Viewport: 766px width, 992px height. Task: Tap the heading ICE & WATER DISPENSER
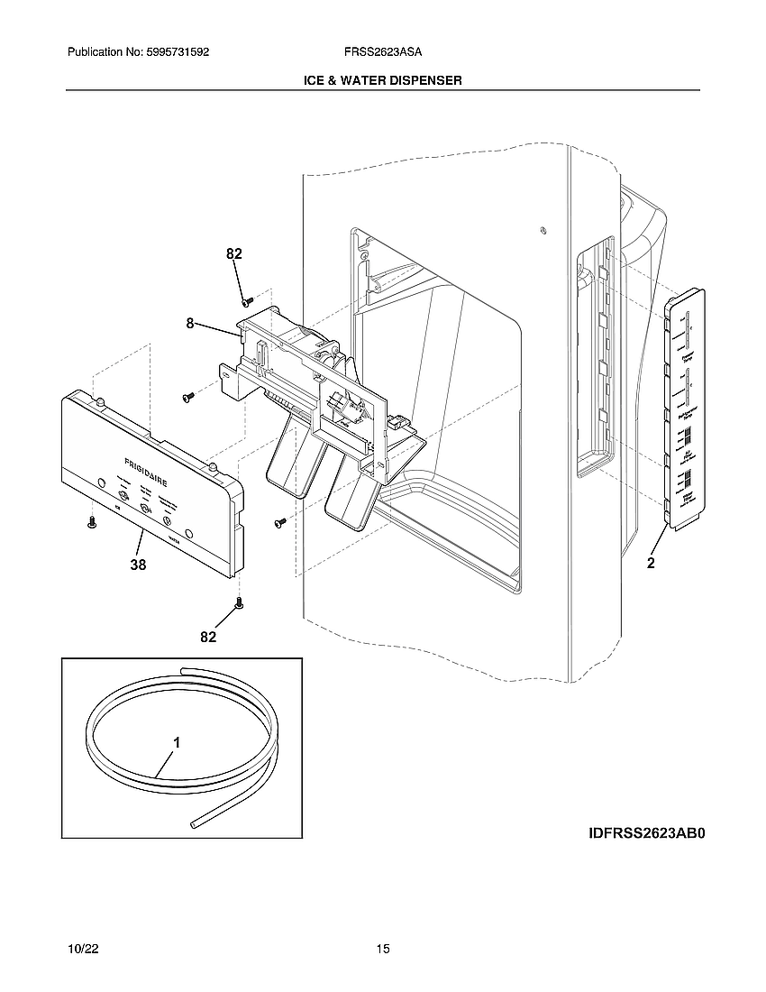(x=383, y=80)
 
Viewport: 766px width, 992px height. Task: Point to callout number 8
(x=190, y=323)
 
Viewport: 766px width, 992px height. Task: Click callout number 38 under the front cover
(x=138, y=565)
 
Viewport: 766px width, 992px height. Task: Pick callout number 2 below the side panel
(x=651, y=564)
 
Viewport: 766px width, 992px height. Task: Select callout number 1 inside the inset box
(x=177, y=743)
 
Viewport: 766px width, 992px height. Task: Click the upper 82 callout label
(x=234, y=255)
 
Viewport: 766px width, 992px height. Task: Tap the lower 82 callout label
(x=208, y=637)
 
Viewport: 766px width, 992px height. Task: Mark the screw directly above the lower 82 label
(x=239, y=602)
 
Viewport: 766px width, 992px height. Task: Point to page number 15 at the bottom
(x=383, y=950)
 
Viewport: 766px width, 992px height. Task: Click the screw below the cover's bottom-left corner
(x=91, y=522)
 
